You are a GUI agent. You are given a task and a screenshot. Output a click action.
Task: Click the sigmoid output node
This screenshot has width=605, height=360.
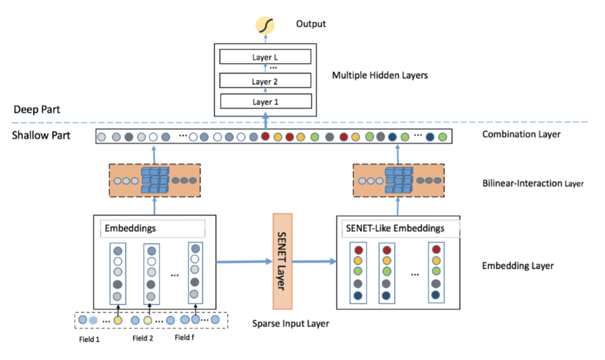(265, 26)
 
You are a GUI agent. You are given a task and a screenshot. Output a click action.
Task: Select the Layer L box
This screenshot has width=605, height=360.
(265, 57)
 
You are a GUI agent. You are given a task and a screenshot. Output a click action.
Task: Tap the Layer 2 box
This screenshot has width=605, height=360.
(265, 80)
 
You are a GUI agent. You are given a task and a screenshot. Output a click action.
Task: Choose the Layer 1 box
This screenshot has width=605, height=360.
(266, 101)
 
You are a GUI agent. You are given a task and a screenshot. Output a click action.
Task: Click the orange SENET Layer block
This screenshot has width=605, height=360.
(282, 262)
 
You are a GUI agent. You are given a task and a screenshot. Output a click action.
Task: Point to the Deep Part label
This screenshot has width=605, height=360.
(37, 110)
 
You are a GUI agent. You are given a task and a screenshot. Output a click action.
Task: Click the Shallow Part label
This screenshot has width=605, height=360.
(41, 135)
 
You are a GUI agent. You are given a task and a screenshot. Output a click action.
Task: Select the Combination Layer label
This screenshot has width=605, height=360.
(521, 134)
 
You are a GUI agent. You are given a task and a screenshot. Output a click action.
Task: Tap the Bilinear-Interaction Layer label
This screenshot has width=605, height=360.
(533, 183)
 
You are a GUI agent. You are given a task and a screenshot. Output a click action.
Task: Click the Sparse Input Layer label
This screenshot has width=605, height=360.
(291, 324)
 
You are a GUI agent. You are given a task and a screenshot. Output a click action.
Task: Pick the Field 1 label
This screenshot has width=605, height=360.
(89, 339)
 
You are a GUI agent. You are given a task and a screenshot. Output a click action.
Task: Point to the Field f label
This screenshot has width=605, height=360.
(184, 337)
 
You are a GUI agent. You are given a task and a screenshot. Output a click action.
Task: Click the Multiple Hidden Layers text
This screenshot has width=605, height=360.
(380, 75)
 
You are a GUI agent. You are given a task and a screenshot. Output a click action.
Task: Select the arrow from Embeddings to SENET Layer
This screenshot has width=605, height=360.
(244, 262)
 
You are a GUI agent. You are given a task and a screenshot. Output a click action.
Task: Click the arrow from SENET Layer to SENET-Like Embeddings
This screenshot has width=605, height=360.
(314, 262)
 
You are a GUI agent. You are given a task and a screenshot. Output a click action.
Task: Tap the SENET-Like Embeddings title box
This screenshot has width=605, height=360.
(401, 229)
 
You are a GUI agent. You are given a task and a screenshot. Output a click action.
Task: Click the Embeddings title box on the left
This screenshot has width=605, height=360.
(153, 229)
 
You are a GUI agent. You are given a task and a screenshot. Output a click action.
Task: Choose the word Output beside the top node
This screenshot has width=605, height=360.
(311, 24)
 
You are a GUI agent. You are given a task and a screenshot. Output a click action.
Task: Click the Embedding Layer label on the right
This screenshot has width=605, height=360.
(518, 266)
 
